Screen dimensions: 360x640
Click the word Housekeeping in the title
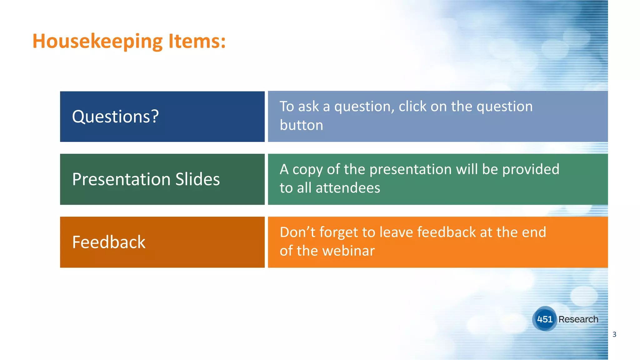97,41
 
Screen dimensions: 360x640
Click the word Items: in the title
197,41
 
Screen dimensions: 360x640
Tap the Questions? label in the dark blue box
115,117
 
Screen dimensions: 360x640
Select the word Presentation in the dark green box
121,179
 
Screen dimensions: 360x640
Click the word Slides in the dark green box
197,179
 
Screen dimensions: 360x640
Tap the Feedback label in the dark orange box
109,242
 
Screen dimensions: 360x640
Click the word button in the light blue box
301,125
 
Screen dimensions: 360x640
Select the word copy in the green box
307,170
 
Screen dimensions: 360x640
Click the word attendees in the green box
348,188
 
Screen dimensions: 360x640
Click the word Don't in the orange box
297,232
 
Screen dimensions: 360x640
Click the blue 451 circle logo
544,319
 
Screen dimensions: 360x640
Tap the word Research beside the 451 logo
578,319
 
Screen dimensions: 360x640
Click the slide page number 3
614,334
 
